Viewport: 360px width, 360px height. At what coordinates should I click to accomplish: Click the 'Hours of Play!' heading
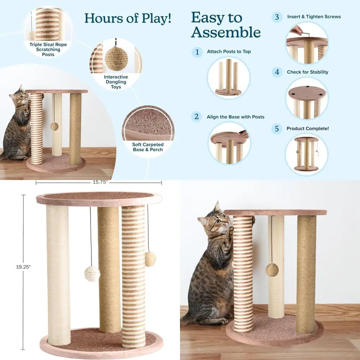[128, 18]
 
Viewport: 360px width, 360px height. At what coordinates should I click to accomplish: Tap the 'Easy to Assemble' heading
[226, 25]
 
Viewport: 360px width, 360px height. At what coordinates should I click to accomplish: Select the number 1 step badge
[197, 52]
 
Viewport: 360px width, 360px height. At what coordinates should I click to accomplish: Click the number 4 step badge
[276, 72]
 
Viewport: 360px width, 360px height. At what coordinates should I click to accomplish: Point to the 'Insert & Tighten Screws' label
[314, 17]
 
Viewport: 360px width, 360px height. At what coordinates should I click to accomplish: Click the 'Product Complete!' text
[307, 129]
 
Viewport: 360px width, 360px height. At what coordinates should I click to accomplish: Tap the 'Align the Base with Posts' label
[235, 117]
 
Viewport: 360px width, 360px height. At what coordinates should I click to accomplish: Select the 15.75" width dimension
[98, 183]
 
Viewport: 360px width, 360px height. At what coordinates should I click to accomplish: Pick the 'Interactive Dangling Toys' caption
[116, 82]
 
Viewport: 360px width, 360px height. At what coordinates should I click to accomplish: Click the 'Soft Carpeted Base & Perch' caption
[148, 147]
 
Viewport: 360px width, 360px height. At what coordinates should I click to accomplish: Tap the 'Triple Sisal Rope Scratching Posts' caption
[48, 50]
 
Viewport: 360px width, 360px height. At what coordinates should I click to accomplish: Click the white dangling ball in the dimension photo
[92, 274]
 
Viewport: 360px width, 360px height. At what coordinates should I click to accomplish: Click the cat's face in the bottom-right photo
[217, 220]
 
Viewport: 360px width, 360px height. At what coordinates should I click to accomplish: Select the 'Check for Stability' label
[307, 72]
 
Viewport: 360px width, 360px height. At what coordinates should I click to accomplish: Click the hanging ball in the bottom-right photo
[272, 269]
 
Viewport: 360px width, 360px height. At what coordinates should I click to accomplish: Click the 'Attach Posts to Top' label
[229, 52]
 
